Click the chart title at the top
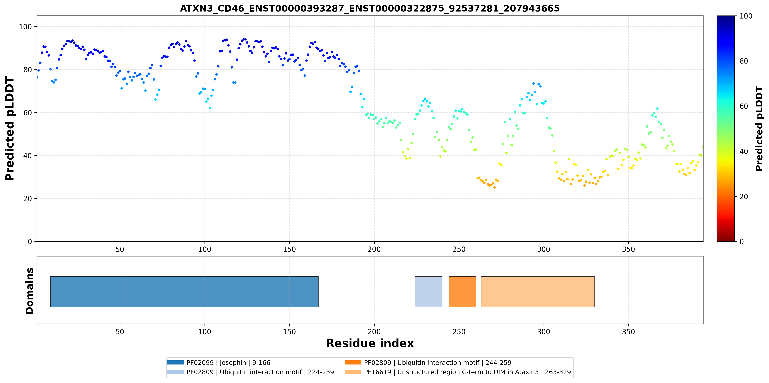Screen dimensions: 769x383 [370, 8]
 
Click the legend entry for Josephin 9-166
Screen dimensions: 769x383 [219, 363]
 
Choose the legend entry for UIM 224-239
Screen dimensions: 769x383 [250, 372]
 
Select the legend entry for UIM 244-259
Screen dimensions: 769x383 [428, 363]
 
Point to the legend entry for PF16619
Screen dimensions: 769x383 [458, 372]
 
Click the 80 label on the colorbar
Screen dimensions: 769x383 [744, 61]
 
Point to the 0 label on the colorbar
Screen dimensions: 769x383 [741, 241]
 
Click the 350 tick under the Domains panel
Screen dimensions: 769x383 [628, 332]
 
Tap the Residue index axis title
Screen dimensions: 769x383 [370, 343]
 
